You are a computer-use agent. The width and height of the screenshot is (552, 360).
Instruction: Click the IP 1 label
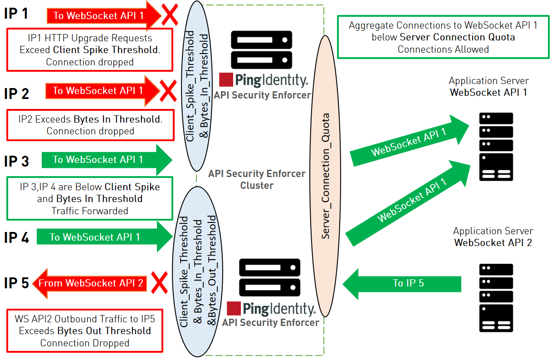[16, 14]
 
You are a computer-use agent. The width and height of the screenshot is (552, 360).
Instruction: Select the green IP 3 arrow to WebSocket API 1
[107, 160]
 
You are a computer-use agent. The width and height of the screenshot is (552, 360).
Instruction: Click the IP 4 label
[16, 237]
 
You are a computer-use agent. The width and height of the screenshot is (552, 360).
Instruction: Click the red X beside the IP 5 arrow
[159, 283]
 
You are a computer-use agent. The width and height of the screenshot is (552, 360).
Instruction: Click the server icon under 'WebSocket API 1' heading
[496, 147]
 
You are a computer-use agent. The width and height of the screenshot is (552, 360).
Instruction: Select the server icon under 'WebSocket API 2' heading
[496, 297]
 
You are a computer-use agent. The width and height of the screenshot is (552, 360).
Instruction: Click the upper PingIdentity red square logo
[226, 79]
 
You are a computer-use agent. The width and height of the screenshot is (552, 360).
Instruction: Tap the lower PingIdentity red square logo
[233, 308]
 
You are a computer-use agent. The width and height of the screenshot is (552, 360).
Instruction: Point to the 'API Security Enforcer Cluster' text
[257, 179]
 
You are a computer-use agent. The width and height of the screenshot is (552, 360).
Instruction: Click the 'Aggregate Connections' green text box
[443, 37]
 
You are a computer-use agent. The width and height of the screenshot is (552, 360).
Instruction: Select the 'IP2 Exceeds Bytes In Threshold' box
[90, 125]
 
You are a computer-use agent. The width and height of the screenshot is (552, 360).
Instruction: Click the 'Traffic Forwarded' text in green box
[90, 211]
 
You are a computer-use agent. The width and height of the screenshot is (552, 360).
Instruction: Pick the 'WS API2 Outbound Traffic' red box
[85, 331]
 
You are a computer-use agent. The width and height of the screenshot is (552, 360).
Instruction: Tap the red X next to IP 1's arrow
[169, 15]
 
